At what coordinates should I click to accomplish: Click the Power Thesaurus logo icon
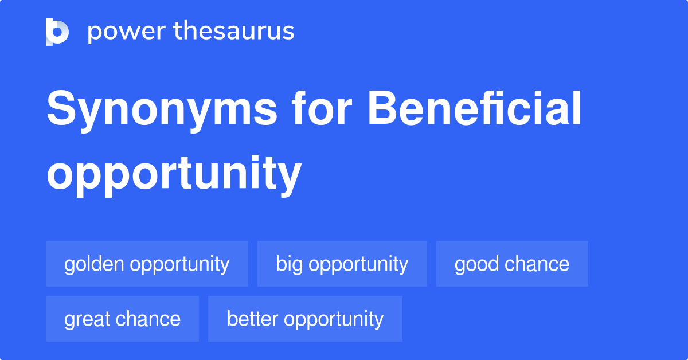pos(57,32)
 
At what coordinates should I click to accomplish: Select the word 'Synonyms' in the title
pos(162,110)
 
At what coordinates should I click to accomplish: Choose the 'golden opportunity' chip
pos(147,264)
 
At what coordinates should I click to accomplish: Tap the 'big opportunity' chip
pos(342,264)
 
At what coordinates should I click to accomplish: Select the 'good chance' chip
pos(512,264)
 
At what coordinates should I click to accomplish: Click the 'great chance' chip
pos(122,319)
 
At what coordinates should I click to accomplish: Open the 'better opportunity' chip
pos(305,319)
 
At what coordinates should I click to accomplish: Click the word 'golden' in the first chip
pos(95,264)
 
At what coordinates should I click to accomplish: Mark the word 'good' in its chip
pos(474,264)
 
